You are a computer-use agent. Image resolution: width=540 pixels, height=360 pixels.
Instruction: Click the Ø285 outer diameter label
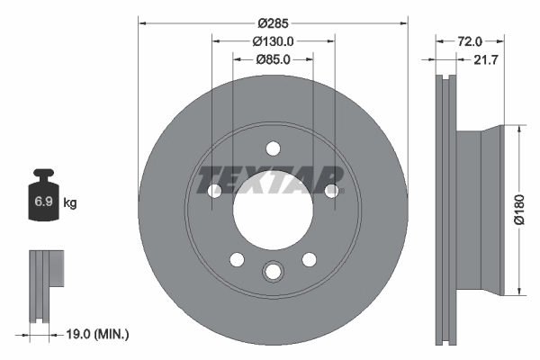click(x=273, y=22)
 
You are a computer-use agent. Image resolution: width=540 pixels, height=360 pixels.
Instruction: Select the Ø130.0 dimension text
click(x=273, y=41)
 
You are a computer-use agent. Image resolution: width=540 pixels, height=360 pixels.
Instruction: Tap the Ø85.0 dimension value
click(x=273, y=60)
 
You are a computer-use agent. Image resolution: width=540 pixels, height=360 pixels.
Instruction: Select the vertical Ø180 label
click(x=518, y=208)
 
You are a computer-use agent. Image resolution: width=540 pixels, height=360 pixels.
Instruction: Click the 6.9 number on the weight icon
click(x=43, y=202)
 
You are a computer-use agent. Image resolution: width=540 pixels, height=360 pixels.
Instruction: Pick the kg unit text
click(x=70, y=202)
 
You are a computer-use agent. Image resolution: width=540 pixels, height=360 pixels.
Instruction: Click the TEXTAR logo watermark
click(x=271, y=179)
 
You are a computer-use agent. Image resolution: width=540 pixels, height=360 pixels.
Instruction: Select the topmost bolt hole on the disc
click(x=273, y=149)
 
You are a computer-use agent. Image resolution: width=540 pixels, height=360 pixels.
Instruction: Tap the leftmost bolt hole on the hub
click(x=214, y=191)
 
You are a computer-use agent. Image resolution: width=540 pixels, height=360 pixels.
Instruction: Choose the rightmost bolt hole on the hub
click(x=331, y=190)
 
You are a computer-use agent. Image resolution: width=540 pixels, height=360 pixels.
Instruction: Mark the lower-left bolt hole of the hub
click(x=237, y=259)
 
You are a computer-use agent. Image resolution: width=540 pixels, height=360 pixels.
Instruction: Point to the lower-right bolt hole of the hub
click(x=309, y=259)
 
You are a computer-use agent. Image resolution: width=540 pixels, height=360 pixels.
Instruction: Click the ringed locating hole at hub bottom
click(x=273, y=271)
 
